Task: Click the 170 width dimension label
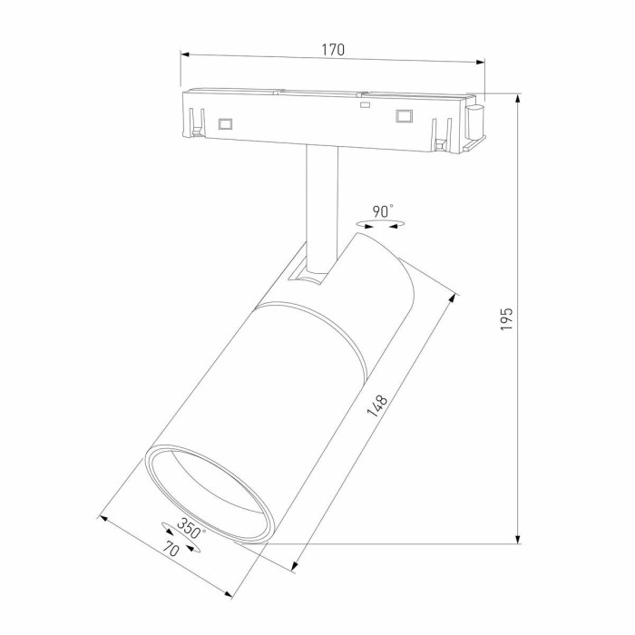(x=333, y=51)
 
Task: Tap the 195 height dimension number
(x=507, y=317)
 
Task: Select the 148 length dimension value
(x=377, y=405)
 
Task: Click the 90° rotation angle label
(x=384, y=210)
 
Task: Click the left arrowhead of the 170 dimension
(x=185, y=54)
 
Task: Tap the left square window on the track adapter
(x=225, y=122)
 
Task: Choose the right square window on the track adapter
(x=403, y=115)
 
